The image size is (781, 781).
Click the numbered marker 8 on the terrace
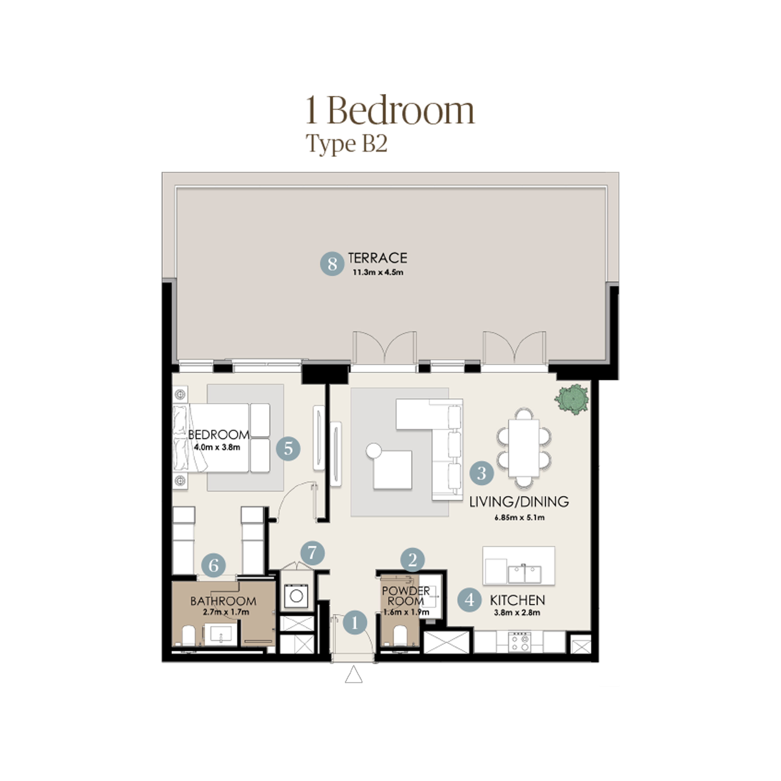click(x=332, y=264)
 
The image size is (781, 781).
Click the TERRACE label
click(x=378, y=258)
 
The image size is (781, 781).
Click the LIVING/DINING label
click(x=519, y=502)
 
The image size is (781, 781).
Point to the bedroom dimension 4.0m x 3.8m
click(x=217, y=447)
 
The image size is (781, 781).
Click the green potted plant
click(x=571, y=400)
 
